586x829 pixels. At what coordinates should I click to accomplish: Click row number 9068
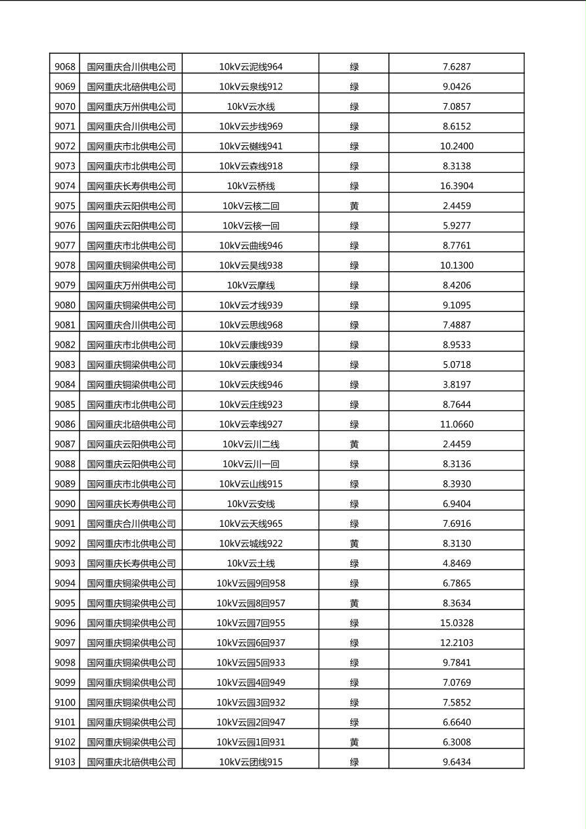coord(64,66)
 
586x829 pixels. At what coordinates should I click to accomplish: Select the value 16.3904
coord(457,186)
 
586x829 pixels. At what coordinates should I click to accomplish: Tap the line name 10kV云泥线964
coord(251,66)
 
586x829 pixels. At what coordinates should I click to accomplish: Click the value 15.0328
coord(457,623)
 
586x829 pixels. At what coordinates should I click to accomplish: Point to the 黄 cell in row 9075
coord(354,206)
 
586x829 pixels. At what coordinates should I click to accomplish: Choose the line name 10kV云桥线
coord(251,186)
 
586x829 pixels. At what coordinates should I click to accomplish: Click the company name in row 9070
coord(131,106)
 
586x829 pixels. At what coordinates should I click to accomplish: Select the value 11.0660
coord(457,424)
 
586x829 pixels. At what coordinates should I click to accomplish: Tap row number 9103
coord(64,762)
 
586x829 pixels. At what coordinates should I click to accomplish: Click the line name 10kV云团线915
coord(251,762)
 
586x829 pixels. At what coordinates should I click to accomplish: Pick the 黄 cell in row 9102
coord(354,742)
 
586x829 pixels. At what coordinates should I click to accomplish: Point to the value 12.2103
coord(457,642)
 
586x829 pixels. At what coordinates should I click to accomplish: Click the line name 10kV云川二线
coord(251,444)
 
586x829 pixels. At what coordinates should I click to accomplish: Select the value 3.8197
coord(457,384)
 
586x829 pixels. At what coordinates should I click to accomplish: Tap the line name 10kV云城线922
coord(251,543)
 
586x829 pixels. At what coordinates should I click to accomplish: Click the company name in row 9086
coord(131,424)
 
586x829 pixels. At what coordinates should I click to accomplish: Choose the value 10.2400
coord(457,146)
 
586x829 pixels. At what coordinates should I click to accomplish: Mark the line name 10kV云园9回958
coord(251,583)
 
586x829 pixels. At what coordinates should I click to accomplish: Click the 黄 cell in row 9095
coord(354,603)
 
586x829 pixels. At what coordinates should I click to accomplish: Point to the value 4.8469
coord(457,563)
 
